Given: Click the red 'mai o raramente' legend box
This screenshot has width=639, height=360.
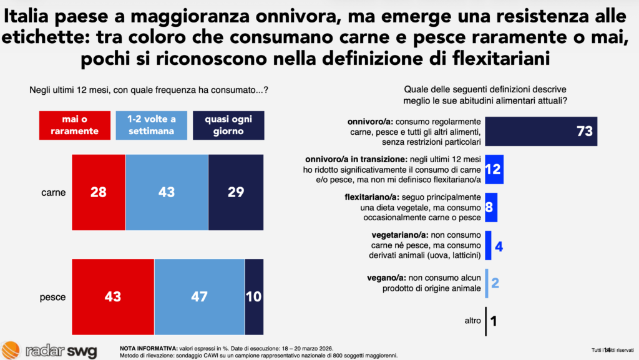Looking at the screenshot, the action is click(75, 125).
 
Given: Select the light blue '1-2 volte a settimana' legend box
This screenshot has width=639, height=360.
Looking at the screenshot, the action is click(151, 125).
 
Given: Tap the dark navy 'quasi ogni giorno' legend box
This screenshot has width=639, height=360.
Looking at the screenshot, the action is click(228, 125).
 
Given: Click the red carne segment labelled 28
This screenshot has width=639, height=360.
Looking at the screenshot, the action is click(99, 192).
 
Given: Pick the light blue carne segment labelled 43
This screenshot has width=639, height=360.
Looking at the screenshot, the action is click(167, 192).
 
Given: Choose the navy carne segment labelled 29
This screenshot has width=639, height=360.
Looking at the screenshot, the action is click(236, 192).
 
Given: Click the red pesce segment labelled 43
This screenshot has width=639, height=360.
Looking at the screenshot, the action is click(114, 297).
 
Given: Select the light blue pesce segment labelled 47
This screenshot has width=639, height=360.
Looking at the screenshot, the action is click(200, 297).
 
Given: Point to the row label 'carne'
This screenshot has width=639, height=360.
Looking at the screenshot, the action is click(54, 193).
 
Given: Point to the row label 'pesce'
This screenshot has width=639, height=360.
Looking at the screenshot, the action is click(52, 297).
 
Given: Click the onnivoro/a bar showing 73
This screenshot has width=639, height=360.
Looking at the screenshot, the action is click(541, 131).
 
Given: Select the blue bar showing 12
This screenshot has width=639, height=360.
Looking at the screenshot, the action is click(494, 169).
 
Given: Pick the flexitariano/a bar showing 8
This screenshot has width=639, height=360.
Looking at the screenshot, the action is click(491, 207).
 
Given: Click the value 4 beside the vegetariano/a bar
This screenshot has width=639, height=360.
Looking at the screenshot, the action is click(499, 246).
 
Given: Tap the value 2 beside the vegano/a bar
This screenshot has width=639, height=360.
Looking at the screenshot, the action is click(495, 283).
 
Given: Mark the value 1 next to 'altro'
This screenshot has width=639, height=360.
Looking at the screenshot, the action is click(494, 321).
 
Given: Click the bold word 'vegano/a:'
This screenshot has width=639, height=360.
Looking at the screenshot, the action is click(386, 278).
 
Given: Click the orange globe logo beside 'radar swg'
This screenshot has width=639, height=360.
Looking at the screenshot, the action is click(11, 350).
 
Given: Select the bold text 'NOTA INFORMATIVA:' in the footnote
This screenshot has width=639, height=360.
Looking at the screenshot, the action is click(149, 349).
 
